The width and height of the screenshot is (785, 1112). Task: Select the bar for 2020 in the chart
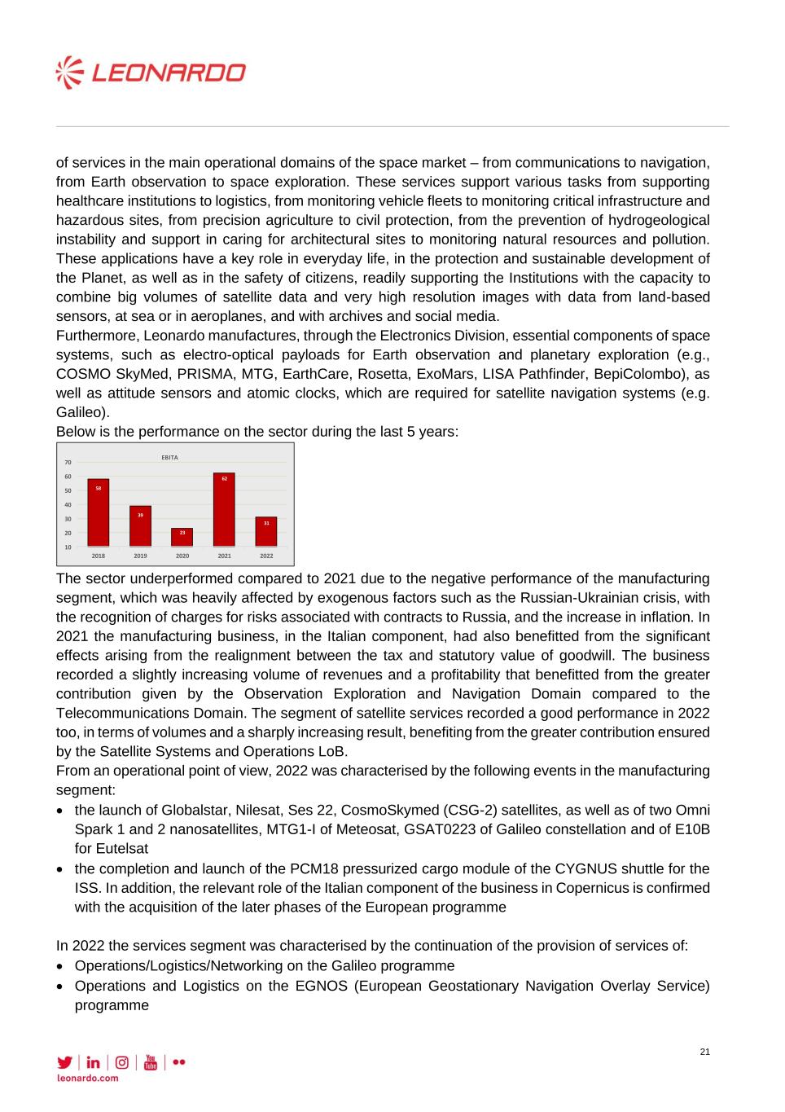click(182, 537)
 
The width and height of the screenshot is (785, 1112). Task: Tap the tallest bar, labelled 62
click(224, 509)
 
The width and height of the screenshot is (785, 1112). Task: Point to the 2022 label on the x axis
click(266, 556)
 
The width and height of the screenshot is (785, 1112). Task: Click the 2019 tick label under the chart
click(140, 556)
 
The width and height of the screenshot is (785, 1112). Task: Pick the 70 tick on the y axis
click(68, 463)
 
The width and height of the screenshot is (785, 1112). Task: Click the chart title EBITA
click(169, 457)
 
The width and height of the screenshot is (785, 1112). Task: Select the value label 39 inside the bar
click(140, 515)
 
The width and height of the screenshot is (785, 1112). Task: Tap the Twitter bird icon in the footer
click(64, 1062)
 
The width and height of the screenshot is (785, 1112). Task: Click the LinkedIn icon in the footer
click(93, 1062)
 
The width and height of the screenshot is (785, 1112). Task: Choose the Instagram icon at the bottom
click(121, 1062)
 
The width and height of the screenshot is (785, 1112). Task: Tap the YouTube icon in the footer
click(150, 1062)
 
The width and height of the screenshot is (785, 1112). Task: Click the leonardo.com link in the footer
click(87, 1078)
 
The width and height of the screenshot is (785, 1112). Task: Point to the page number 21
click(704, 1052)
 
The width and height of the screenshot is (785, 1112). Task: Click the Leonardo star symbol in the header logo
click(70, 73)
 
